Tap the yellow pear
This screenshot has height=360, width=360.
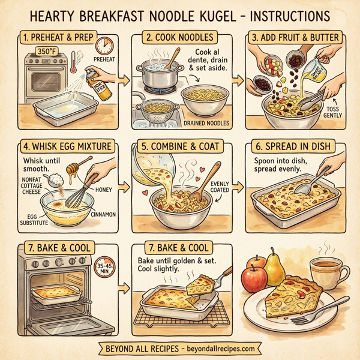(275, 268)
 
